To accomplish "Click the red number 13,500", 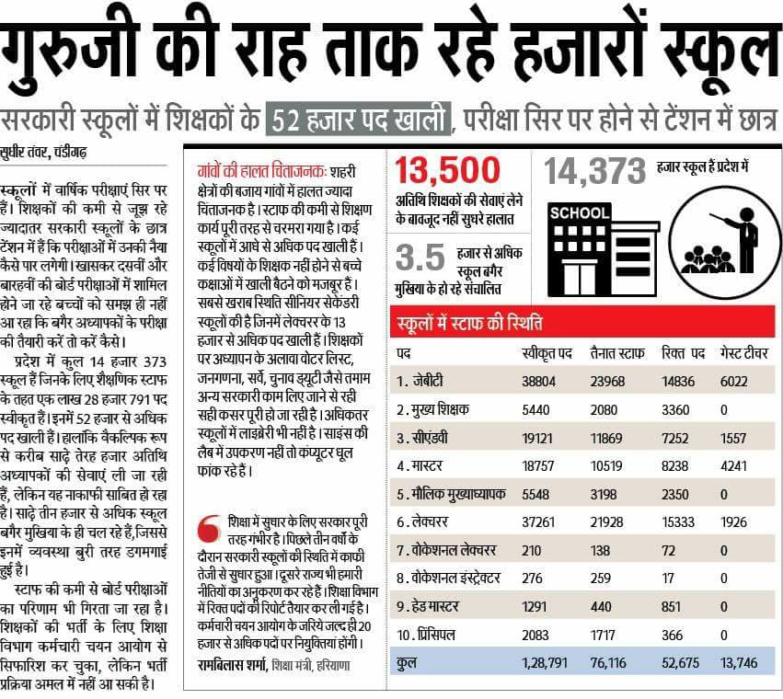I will tap(447, 171).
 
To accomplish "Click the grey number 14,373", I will tap(596, 171).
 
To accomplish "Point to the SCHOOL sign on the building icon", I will tap(580, 213).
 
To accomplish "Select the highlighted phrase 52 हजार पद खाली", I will tap(360, 120).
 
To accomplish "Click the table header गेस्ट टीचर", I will tap(743, 352).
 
